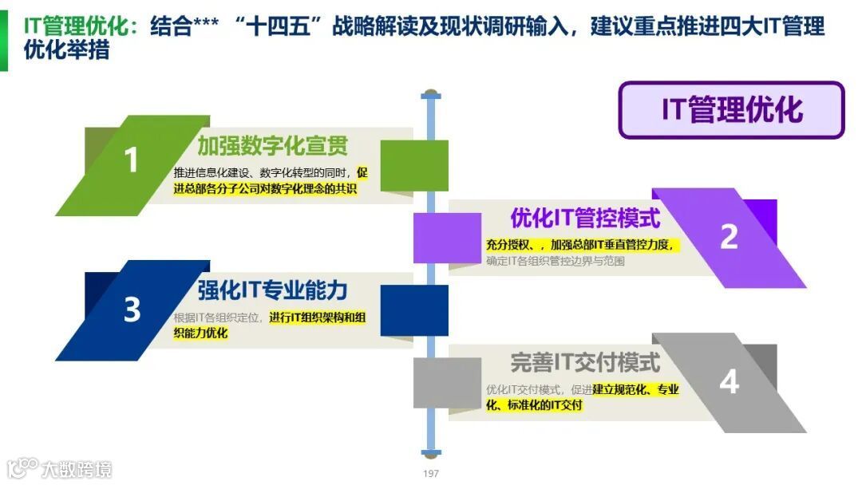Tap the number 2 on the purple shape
729,236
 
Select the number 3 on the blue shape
132,310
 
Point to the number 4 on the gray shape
729,382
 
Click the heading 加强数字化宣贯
272,146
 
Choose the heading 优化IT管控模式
585,218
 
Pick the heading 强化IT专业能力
272,289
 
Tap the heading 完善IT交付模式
585,363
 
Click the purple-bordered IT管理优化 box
731,110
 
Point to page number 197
431,474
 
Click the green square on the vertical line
414,166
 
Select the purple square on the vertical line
447,238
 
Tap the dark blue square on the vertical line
414,310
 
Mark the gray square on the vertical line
447,382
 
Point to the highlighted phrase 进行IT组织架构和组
317,317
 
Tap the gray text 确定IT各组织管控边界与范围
555,261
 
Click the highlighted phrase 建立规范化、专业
635,389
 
